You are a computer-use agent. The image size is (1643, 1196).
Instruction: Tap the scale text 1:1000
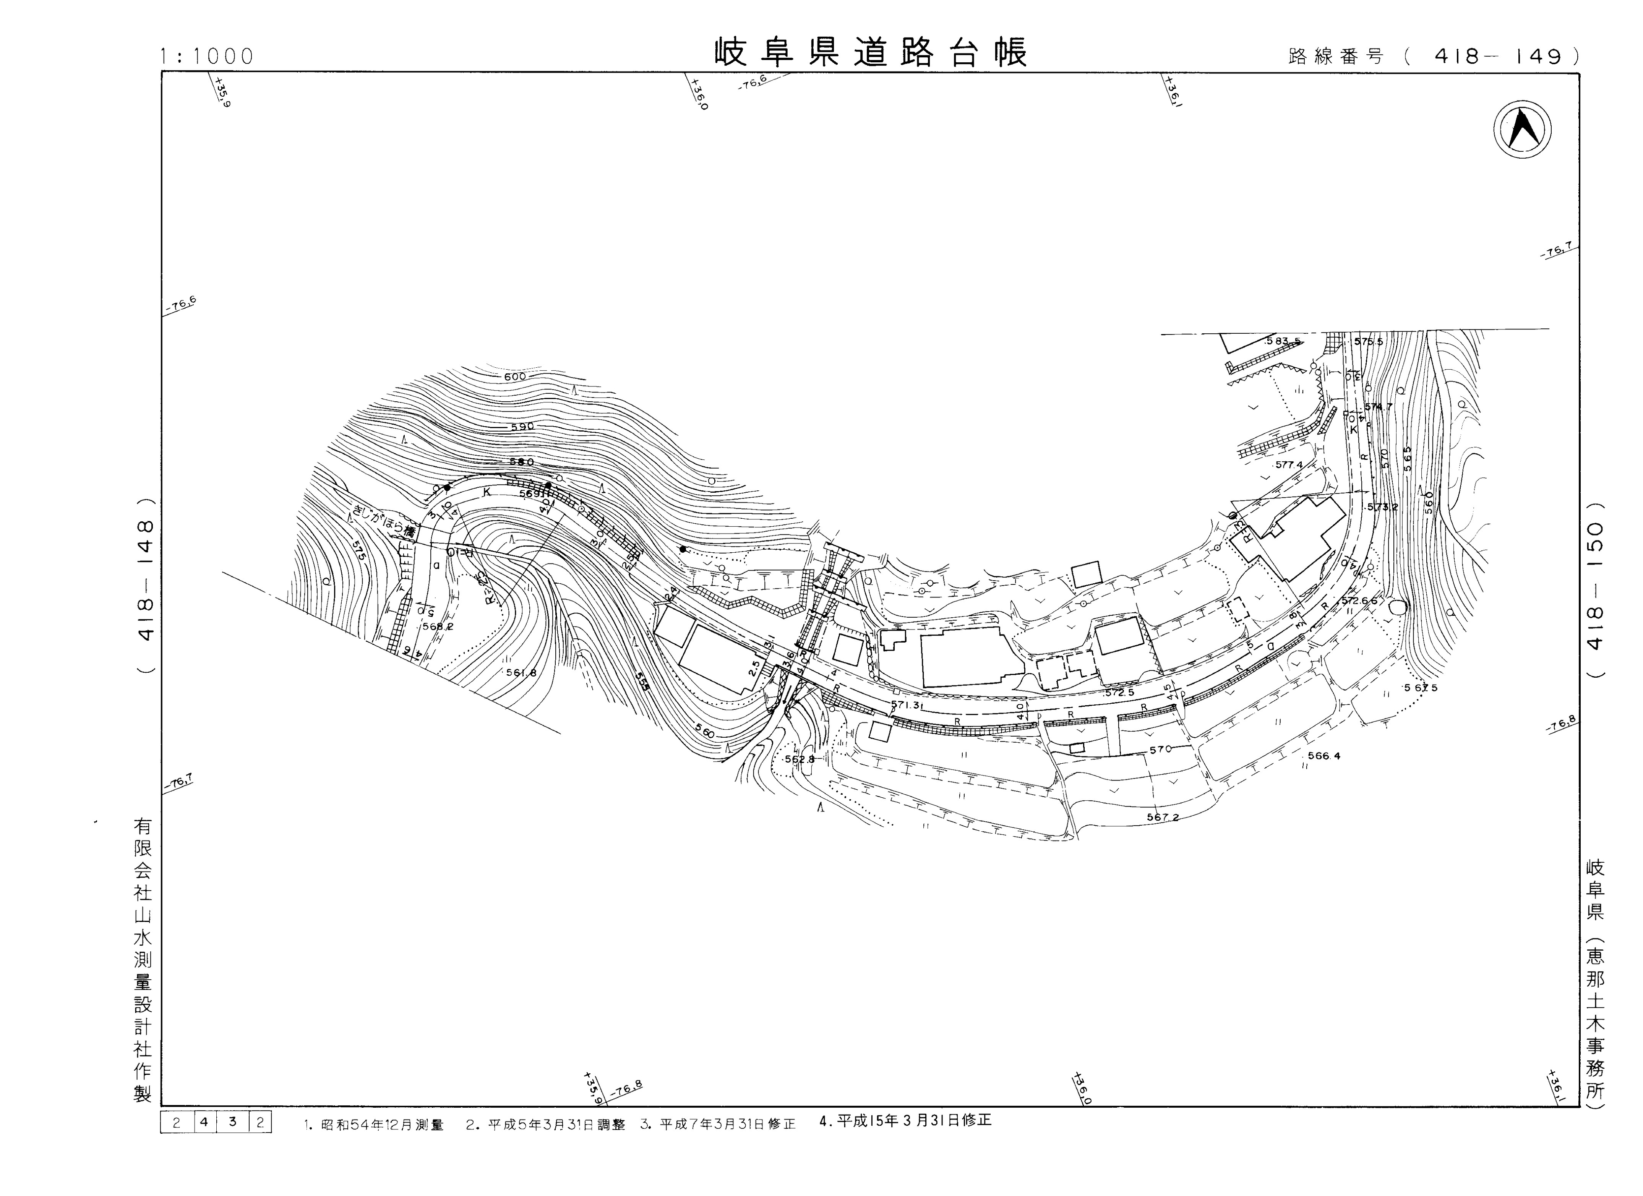click(x=207, y=57)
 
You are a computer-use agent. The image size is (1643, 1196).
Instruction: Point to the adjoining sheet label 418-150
click(x=1595, y=588)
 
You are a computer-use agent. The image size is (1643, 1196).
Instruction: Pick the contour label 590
click(x=522, y=427)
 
